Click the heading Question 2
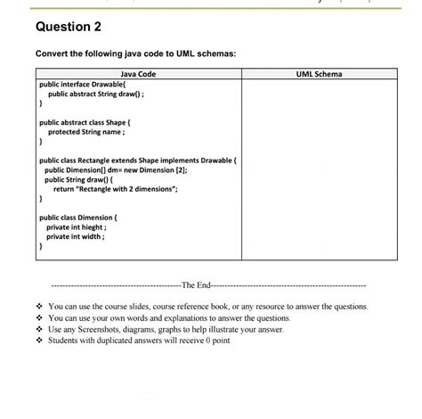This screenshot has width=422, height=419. [66, 26]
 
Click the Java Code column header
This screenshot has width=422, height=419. [138, 73]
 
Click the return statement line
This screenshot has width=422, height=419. [116, 189]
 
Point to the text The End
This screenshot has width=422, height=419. [195, 285]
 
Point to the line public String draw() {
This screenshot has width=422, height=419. [84, 179]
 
